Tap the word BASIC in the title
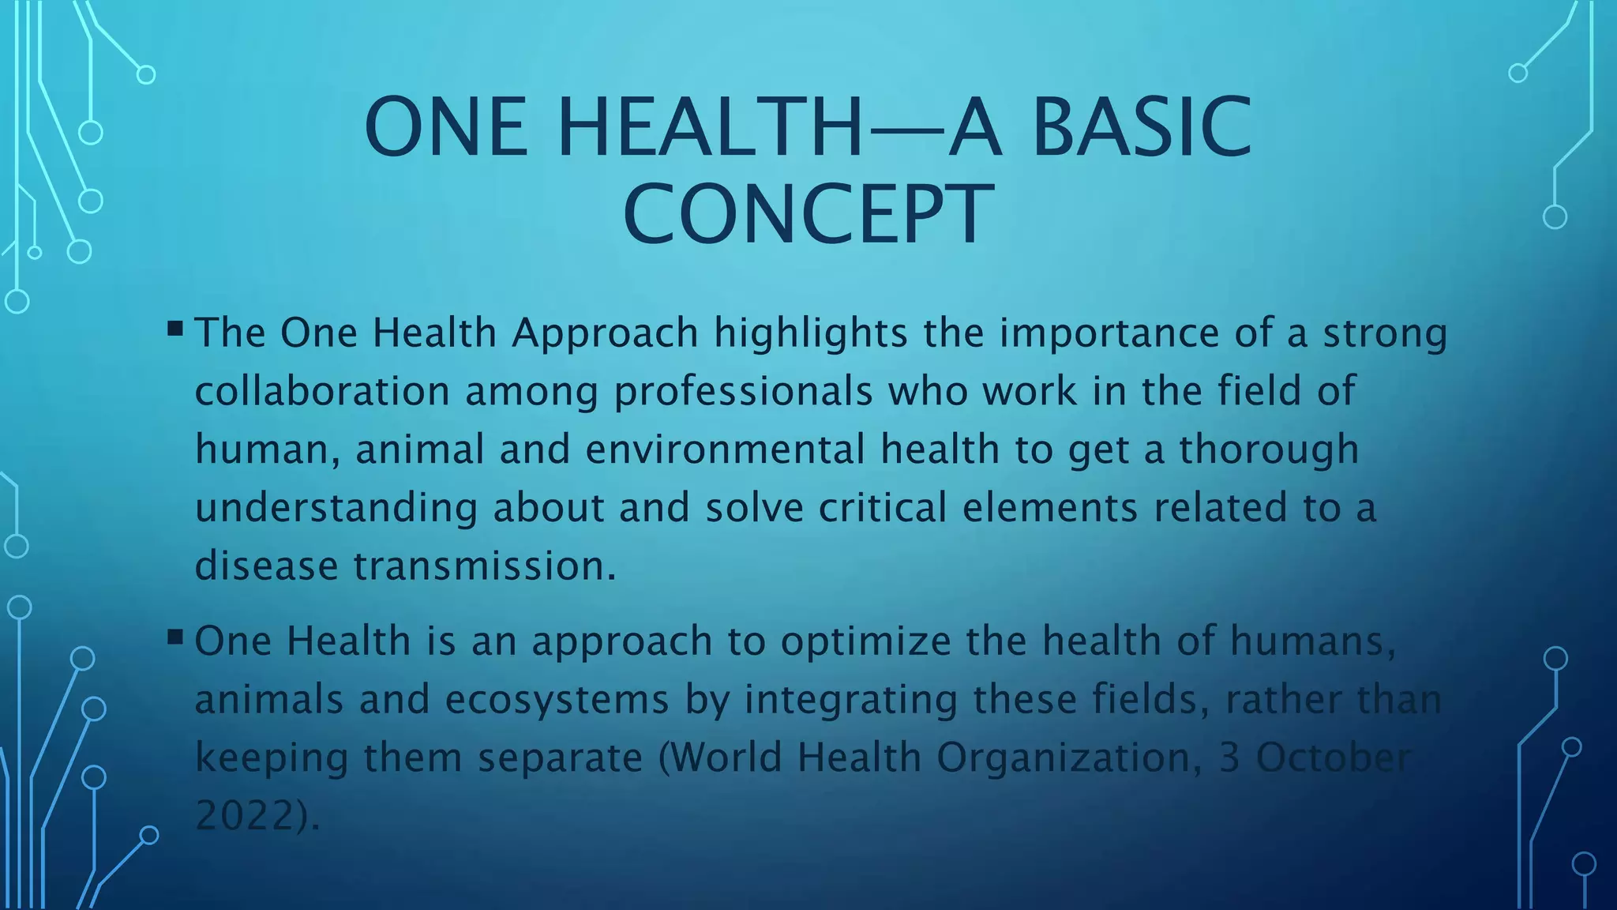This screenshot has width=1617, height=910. tap(1142, 127)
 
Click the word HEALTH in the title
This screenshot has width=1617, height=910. tap(710, 127)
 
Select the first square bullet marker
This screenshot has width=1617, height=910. tap(175, 327)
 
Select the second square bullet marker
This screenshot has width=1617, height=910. tap(175, 635)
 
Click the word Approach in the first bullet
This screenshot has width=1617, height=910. tap(605, 333)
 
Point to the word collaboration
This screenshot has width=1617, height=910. tap(322, 391)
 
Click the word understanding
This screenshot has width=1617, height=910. tap(336, 508)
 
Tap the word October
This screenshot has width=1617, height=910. tap(1332, 758)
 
